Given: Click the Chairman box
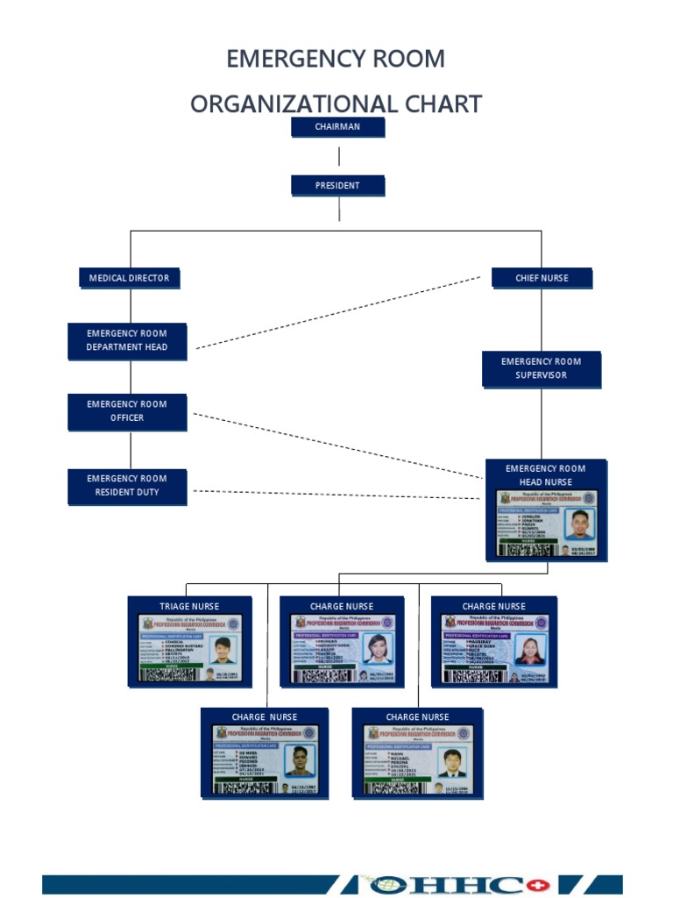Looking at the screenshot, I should pos(337,127).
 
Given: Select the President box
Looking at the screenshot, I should pos(337,186).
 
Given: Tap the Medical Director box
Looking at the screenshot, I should pos(129,278).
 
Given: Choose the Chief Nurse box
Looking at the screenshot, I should pos(542,278).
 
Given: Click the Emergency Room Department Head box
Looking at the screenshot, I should pos(127,340).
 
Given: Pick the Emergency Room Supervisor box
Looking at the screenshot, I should pos(541,368).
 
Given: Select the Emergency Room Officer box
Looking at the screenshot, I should pos(127,411).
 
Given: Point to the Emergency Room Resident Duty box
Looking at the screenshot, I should pos(127,486).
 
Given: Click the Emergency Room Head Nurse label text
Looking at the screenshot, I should pos(545,475).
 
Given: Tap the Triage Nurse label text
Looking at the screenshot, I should pos(189,606).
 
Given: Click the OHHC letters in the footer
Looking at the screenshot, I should pos(482,883).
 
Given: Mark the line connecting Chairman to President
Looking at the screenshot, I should pos(339,157).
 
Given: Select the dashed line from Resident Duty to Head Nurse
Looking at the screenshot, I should pos(337,495).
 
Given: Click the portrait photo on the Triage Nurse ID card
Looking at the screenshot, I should pos(223,650).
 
